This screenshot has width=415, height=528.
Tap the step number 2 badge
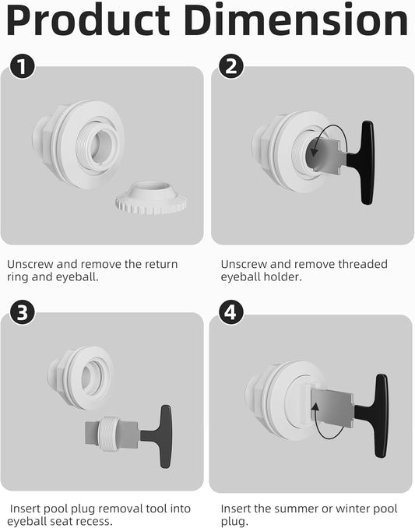(230, 67)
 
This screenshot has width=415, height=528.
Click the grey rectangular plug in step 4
(331, 407)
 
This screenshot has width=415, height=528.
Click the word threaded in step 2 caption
(361, 264)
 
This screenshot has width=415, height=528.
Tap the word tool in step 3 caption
(153, 509)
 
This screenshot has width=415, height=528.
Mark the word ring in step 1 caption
(19, 277)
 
